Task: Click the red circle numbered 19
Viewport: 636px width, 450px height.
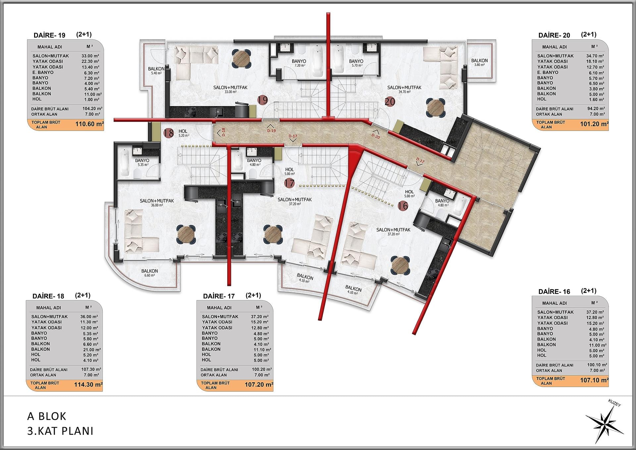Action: tap(263, 100)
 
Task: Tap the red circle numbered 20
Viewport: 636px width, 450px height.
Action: tap(390, 101)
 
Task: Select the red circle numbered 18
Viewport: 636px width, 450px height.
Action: tap(169, 133)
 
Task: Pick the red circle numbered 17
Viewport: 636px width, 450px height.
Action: tap(289, 183)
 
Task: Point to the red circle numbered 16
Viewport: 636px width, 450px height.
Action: tap(403, 206)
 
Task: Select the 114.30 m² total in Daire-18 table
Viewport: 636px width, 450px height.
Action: tap(88, 385)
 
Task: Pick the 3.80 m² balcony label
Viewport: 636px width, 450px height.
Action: tap(479, 65)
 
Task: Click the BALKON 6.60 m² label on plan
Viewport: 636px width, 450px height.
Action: tap(150, 273)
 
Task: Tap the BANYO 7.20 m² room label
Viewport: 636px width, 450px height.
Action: tap(299, 63)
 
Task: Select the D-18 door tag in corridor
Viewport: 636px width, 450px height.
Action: tap(223, 132)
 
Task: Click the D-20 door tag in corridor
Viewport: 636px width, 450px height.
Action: tap(376, 136)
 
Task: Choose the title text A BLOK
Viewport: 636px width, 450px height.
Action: tap(47, 416)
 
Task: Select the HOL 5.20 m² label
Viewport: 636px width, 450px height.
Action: tap(183, 133)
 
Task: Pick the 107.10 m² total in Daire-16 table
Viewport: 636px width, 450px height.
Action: tap(594, 380)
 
